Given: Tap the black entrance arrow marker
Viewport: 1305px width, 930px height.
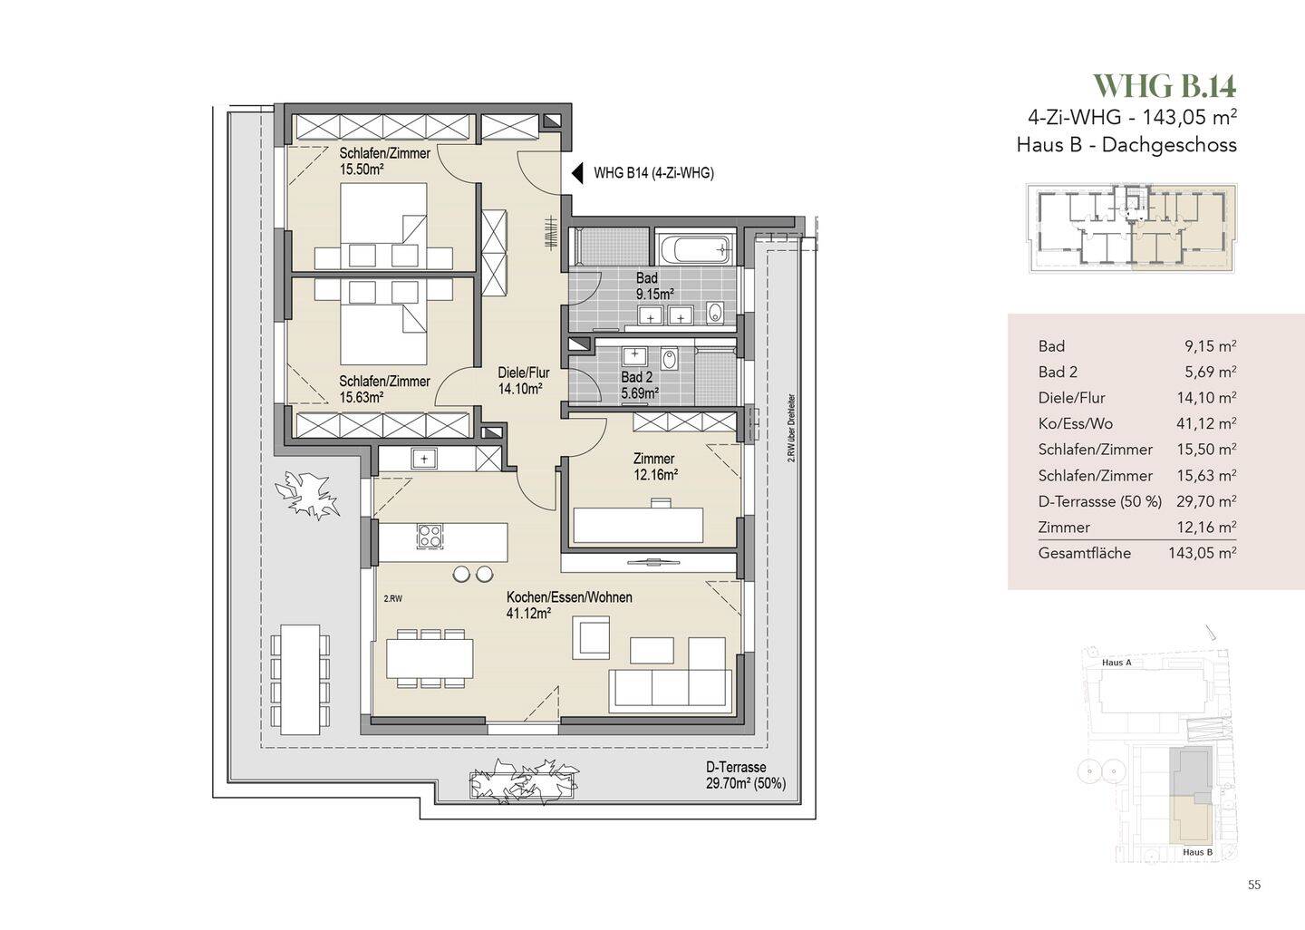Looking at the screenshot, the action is pyautogui.click(x=577, y=174).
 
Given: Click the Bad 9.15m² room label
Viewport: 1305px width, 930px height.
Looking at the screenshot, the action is pyautogui.click(x=655, y=286).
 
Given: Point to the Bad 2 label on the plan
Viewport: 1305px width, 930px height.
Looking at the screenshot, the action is pyautogui.click(x=636, y=377).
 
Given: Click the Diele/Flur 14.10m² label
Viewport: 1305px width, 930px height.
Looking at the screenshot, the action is pyautogui.click(x=523, y=381).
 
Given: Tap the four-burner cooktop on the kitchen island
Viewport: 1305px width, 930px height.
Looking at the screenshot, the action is pyautogui.click(x=430, y=536).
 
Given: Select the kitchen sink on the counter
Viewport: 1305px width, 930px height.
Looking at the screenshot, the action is pyautogui.click(x=423, y=459).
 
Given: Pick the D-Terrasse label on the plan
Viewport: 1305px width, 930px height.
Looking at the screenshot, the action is pyautogui.click(x=735, y=767).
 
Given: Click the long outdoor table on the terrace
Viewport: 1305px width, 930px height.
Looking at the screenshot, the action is pyautogui.click(x=300, y=680).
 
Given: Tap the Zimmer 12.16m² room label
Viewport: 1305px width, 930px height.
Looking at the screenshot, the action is pyautogui.click(x=655, y=467).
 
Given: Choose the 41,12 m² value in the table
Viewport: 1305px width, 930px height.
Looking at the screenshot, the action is pyautogui.click(x=1206, y=423).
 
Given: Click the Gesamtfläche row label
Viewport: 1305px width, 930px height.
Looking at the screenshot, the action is pyautogui.click(x=1084, y=553).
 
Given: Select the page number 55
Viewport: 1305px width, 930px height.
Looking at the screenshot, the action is pyautogui.click(x=1253, y=885).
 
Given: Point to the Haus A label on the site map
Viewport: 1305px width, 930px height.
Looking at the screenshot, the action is pyautogui.click(x=1116, y=663).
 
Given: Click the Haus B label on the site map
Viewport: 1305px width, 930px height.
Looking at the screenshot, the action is pyautogui.click(x=1197, y=852).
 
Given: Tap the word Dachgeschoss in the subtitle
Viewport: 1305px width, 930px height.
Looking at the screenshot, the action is pyautogui.click(x=1169, y=144).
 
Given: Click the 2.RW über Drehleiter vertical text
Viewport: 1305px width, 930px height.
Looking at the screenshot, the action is pyautogui.click(x=791, y=428).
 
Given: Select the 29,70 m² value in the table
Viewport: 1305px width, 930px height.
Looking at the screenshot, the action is pyautogui.click(x=1206, y=501).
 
